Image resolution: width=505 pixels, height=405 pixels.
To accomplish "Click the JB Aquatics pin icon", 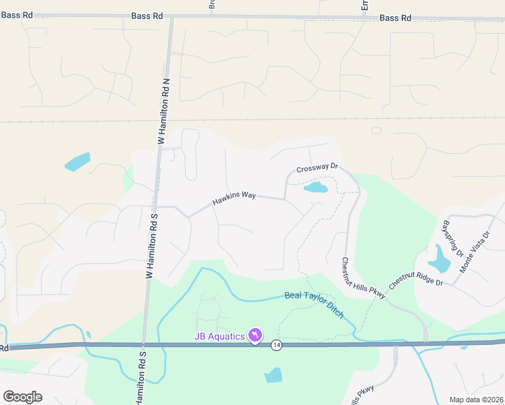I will (255, 335).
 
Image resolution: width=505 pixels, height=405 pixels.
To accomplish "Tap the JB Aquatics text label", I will (220, 335).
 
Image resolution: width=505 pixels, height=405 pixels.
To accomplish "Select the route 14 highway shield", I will (276, 345).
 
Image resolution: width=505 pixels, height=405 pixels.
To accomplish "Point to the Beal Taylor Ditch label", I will (314, 304).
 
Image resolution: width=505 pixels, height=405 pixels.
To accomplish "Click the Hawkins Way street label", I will (234, 197).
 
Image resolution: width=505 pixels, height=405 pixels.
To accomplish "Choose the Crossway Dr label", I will (317, 169).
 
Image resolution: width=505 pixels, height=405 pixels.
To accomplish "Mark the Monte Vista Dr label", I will (473, 251).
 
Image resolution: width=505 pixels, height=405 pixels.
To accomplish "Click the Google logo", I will (22, 396).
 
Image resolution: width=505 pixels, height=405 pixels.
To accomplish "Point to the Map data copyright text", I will (477, 400).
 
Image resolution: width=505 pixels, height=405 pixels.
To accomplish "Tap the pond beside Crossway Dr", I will (316, 187).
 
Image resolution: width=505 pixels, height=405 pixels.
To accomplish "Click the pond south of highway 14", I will (273, 375).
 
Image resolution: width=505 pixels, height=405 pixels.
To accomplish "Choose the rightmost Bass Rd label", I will (396, 18).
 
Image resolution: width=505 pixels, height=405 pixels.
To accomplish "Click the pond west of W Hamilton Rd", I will (77, 162).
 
